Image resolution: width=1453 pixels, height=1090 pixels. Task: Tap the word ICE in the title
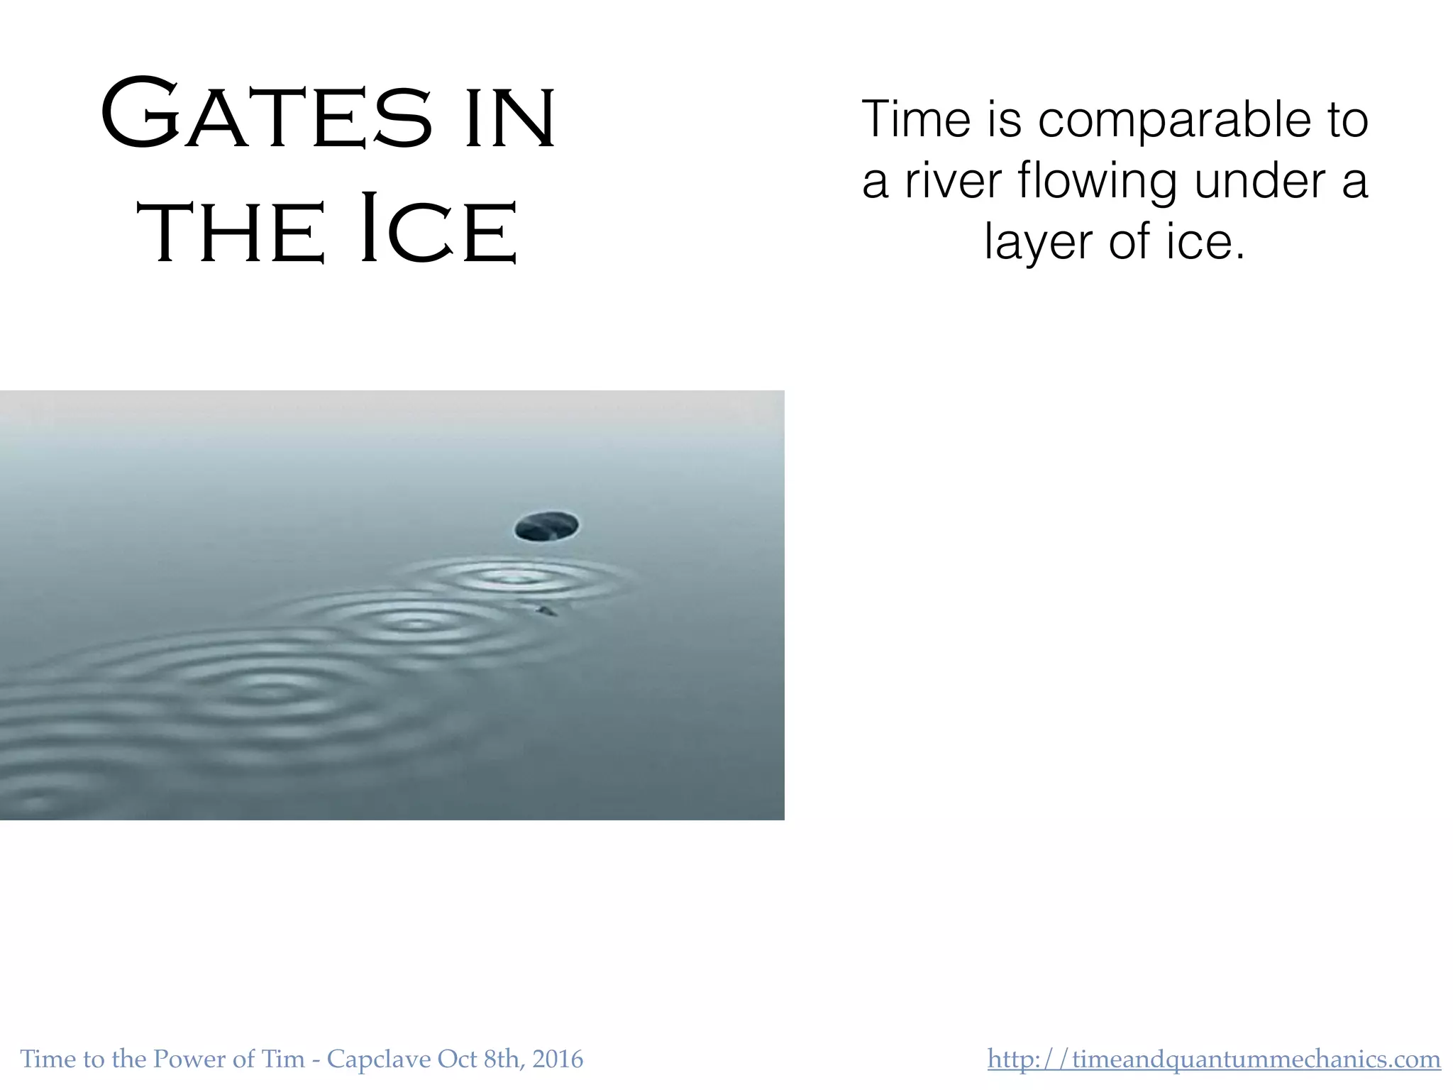(438, 229)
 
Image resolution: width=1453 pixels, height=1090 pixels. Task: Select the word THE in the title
(231, 231)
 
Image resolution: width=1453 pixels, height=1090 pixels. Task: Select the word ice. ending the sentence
(1205, 242)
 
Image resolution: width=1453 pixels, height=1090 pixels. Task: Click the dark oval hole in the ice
(546, 526)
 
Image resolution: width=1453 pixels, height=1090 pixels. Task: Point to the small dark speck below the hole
(546, 610)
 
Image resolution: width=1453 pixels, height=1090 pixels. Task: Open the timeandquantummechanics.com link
(1214, 1059)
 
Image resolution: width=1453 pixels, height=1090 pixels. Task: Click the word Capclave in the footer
(379, 1059)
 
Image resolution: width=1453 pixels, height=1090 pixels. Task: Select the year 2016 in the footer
(558, 1059)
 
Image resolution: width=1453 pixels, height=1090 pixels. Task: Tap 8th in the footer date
(502, 1059)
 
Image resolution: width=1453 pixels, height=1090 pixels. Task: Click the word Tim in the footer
(283, 1059)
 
